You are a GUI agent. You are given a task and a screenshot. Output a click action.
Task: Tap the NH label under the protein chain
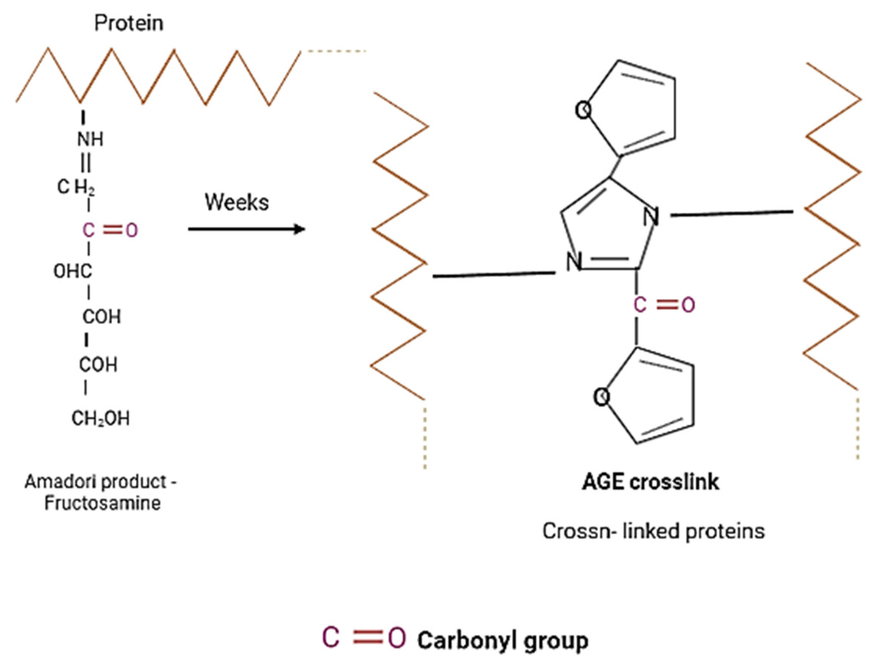90,139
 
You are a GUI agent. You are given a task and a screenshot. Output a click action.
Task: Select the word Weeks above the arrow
237,203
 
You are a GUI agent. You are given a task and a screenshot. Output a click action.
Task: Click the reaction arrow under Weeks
246,229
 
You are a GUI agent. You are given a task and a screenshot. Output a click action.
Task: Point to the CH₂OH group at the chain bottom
100,419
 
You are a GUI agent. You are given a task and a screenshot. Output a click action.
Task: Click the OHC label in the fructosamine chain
73,272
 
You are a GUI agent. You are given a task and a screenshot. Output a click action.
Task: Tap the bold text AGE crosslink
651,482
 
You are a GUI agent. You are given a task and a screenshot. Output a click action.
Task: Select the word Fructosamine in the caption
102,503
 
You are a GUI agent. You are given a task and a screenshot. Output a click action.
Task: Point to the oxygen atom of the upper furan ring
583,110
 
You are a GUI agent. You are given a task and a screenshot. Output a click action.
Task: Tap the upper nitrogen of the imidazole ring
651,217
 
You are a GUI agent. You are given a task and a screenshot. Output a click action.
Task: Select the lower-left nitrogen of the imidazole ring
574,262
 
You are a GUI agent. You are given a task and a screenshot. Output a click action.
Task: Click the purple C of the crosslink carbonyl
640,305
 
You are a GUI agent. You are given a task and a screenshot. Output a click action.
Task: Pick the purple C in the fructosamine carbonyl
88,230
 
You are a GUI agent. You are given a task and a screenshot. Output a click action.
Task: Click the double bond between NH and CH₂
88,163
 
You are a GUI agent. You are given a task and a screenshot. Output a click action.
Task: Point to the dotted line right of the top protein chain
333,51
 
